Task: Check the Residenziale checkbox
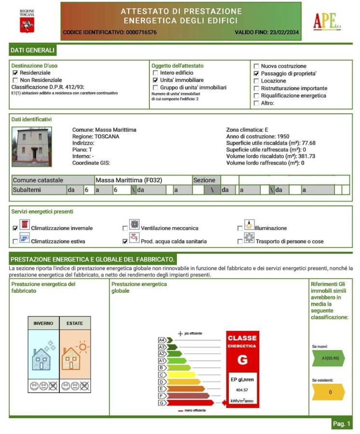tap(15, 73)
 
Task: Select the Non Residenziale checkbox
tap(15, 80)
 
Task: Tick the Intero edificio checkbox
tap(155, 73)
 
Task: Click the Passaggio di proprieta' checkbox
tap(256, 74)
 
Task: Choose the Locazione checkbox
tap(256, 81)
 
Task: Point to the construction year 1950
tap(280, 136)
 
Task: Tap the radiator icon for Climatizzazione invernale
tap(24, 225)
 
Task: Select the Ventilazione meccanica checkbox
tap(125, 228)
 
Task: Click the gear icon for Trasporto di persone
tap(249, 238)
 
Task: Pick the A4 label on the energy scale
tap(162, 340)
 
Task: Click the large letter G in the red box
tap(242, 360)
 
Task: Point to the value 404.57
tap(242, 390)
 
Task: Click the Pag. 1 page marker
tap(342, 423)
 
